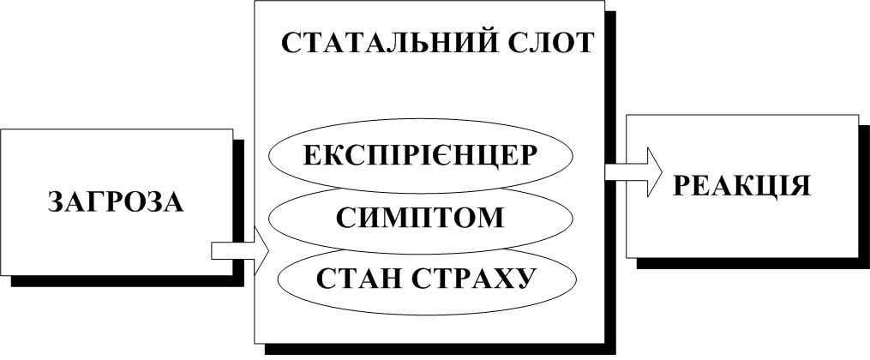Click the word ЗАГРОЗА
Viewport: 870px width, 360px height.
coord(117,202)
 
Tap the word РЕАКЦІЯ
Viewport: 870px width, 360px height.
coord(743,185)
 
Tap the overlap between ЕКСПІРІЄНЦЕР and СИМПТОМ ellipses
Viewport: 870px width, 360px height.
coord(421,190)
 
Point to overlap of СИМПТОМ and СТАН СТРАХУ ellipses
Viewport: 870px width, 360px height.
coord(421,249)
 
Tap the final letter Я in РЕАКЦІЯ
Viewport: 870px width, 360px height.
coord(800,185)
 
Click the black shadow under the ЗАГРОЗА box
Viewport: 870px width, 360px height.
coord(129,281)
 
